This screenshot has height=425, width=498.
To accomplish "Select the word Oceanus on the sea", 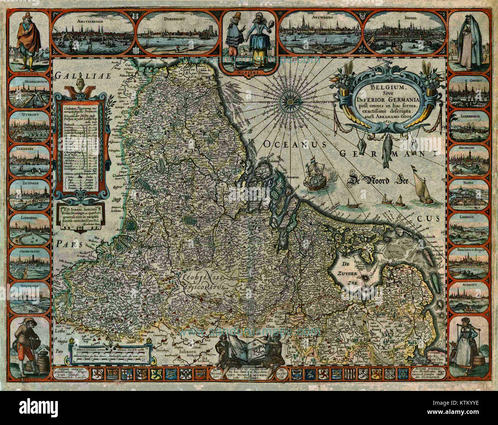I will point(294,144).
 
